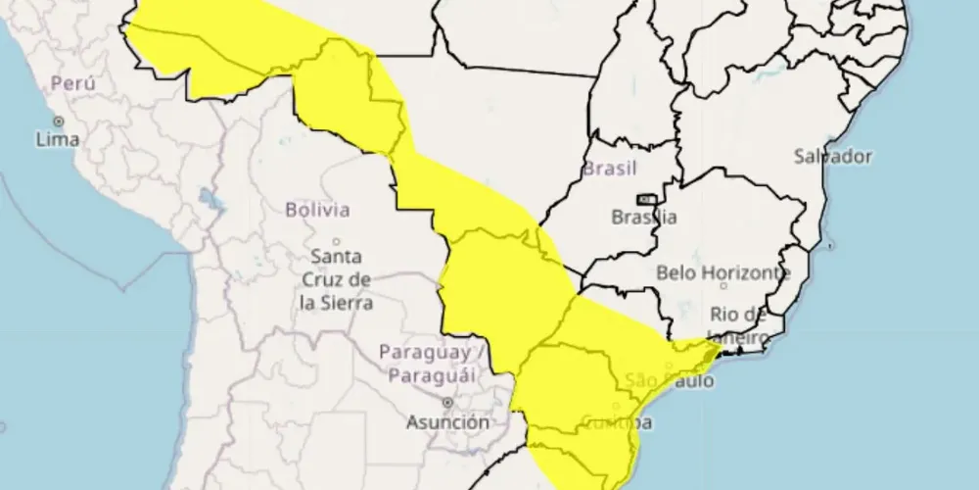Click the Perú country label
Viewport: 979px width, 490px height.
[x=73, y=84]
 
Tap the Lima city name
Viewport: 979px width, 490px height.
[x=57, y=139]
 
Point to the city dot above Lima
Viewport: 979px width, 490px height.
[x=58, y=122]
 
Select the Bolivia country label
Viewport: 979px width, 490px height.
[x=317, y=209]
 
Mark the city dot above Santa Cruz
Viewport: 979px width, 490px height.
[x=336, y=241]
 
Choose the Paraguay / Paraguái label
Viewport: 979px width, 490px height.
[x=425, y=364]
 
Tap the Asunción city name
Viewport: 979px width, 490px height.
[x=448, y=422]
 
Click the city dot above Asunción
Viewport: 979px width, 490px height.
[x=447, y=402]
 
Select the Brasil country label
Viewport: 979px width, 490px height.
[x=610, y=168]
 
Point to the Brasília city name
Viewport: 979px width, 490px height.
[x=643, y=218]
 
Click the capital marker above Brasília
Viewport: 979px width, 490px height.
[x=645, y=199]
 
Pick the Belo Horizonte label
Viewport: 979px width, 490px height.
[x=723, y=271]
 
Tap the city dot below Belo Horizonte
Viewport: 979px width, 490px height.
[x=723, y=286]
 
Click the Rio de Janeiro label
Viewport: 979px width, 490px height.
[x=739, y=324]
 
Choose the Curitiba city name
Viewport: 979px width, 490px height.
[x=616, y=422]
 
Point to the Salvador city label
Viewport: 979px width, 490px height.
[x=832, y=156]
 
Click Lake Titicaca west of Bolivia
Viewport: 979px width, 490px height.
[x=207, y=196]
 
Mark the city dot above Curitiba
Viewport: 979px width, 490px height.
[x=616, y=406]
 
